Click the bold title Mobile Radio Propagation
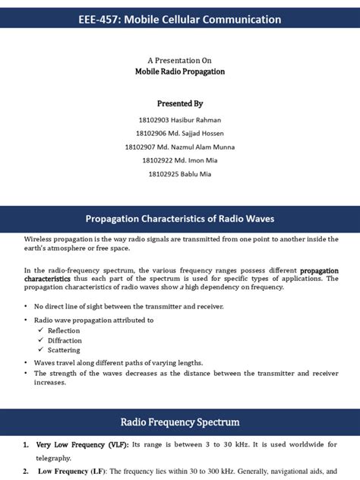tap(180, 71)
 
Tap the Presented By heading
tap(180, 103)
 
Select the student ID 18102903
tap(155, 120)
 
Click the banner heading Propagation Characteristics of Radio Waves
tap(180, 219)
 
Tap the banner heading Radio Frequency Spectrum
tap(180, 422)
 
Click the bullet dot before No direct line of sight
tap(27, 306)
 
